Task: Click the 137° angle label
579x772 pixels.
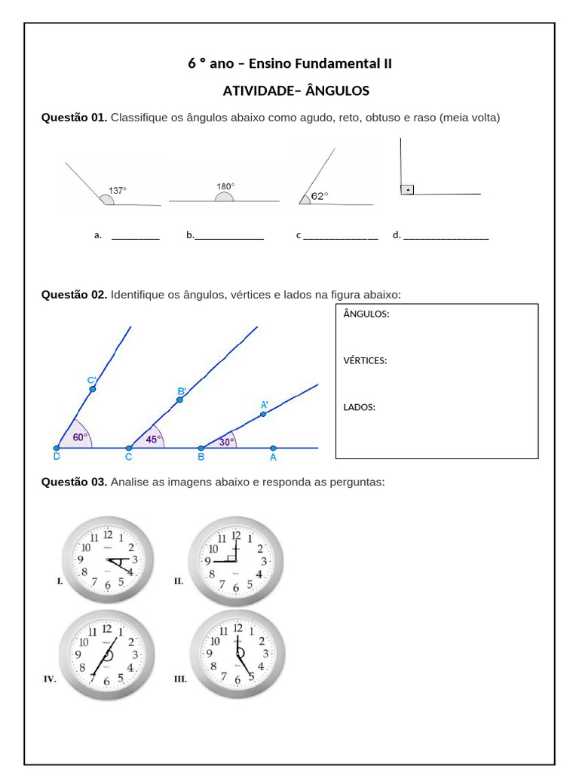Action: click(118, 191)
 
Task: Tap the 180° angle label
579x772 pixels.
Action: click(225, 186)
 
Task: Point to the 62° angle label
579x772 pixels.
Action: click(320, 196)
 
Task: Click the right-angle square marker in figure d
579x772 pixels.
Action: click(407, 189)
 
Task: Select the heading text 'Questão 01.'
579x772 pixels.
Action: click(74, 118)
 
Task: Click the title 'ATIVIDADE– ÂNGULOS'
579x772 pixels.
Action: click(296, 91)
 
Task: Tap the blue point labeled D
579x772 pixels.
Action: click(57, 448)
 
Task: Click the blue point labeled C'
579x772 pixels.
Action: click(92, 389)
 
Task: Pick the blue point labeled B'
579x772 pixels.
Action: click(179, 400)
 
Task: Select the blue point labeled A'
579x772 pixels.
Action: click(262, 413)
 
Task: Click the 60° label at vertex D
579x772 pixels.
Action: click(80, 437)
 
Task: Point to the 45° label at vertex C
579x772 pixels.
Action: click(153, 439)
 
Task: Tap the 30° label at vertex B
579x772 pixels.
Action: click(226, 442)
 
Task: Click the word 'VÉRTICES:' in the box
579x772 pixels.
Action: click(365, 360)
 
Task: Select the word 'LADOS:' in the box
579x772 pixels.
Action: click(359, 407)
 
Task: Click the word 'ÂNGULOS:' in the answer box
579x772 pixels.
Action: click(366, 314)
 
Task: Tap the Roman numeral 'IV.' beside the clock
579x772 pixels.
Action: click(50, 679)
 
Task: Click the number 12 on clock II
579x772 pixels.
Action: click(236, 535)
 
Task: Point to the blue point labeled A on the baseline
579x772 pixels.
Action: click(273, 448)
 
